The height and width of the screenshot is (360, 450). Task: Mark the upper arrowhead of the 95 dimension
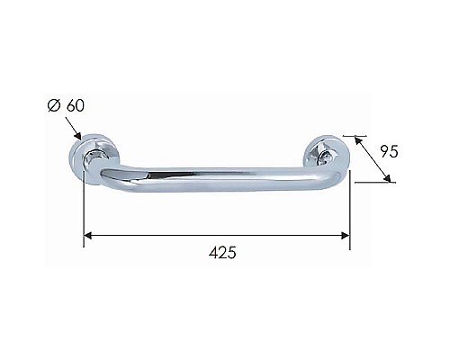[x=358, y=139]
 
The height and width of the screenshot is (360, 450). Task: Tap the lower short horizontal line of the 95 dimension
[x=373, y=183]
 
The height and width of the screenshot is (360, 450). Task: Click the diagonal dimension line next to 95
[x=374, y=160]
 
